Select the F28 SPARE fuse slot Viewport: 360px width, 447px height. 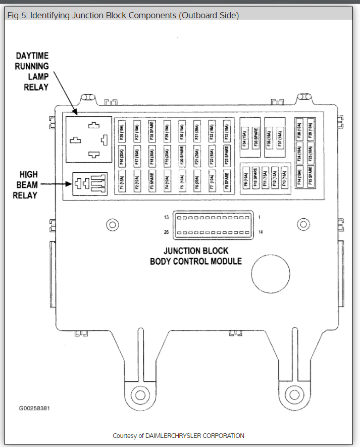pos(151,130)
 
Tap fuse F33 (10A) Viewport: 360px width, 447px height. pos(227,130)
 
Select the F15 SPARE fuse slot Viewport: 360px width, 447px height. pos(310,177)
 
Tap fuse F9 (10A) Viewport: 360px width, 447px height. pos(246,179)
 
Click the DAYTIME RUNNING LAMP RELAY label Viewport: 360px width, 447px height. pos(32,71)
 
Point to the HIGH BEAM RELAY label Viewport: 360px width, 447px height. pos(25,184)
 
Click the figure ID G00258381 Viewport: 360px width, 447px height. pos(34,408)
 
